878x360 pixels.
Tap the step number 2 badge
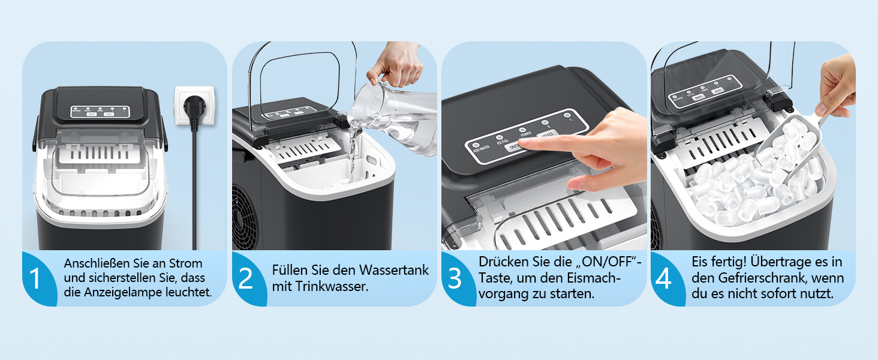245,279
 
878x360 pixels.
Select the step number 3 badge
455,279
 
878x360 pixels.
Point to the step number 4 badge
664,279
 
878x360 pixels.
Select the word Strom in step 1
185,263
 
